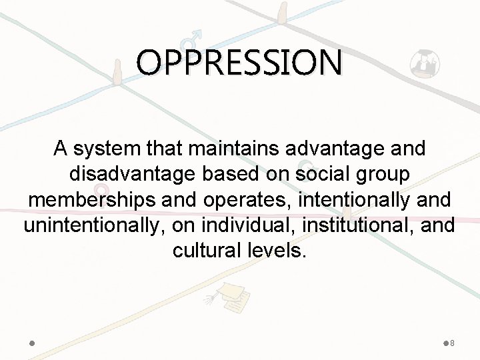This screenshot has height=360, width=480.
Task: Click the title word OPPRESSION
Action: tap(240, 63)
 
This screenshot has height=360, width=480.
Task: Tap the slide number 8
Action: tap(453, 343)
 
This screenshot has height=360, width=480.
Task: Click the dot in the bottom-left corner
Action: tap(32, 343)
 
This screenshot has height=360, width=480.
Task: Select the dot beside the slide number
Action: tap(445, 343)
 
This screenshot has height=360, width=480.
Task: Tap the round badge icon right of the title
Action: tap(423, 65)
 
